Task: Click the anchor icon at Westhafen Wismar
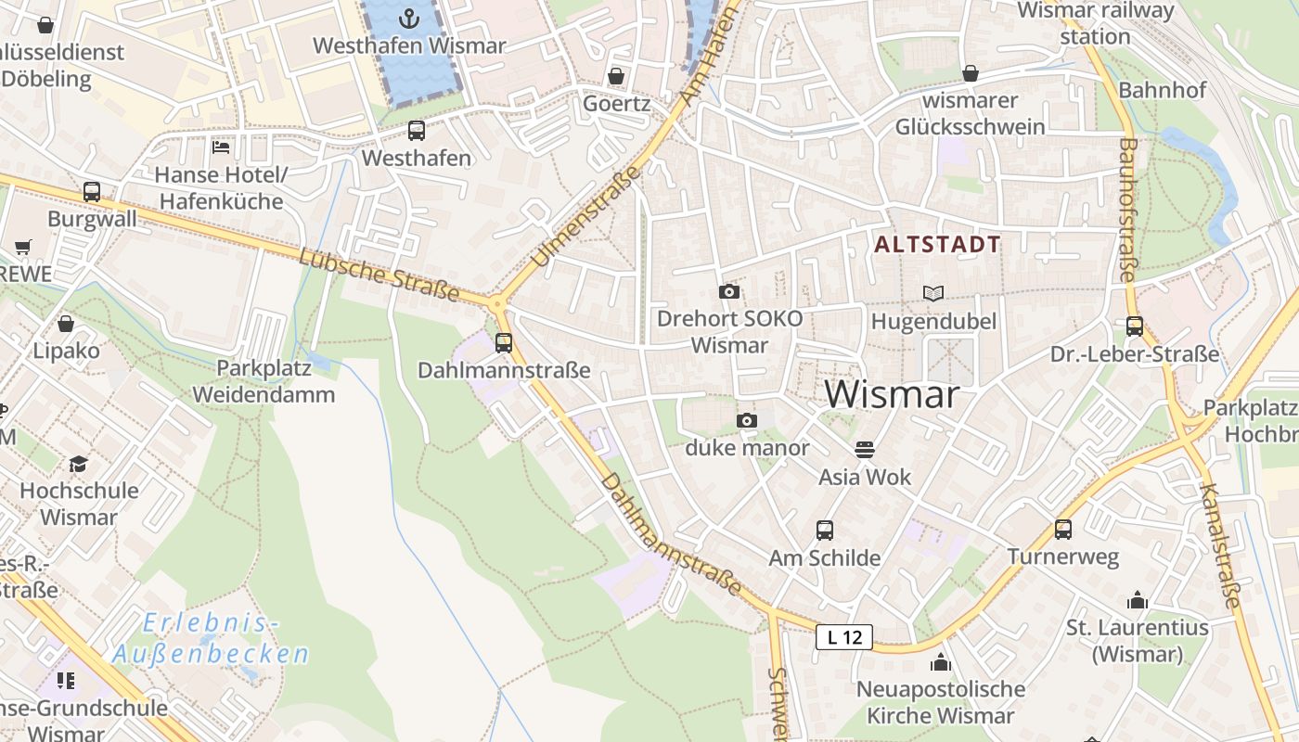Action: click(x=408, y=18)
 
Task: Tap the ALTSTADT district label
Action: click(x=938, y=245)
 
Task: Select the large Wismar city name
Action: click(x=892, y=394)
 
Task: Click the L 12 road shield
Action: click(x=844, y=637)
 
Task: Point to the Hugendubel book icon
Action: click(x=933, y=293)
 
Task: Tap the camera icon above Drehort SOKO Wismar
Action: click(x=729, y=291)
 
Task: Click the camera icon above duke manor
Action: click(x=747, y=420)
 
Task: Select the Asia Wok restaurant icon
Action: click(x=865, y=450)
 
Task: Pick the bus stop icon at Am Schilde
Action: click(x=825, y=531)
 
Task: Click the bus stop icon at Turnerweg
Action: click(x=1063, y=530)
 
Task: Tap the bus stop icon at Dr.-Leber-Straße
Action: click(x=1135, y=326)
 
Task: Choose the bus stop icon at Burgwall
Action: click(x=92, y=192)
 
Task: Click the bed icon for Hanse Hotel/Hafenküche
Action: click(x=221, y=147)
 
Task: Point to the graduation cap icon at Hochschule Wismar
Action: click(x=79, y=463)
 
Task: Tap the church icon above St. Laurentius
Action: click(x=1137, y=600)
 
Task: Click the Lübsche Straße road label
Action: click(x=379, y=275)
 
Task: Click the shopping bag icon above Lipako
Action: click(x=66, y=324)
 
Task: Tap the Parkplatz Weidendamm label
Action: click(x=264, y=380)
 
